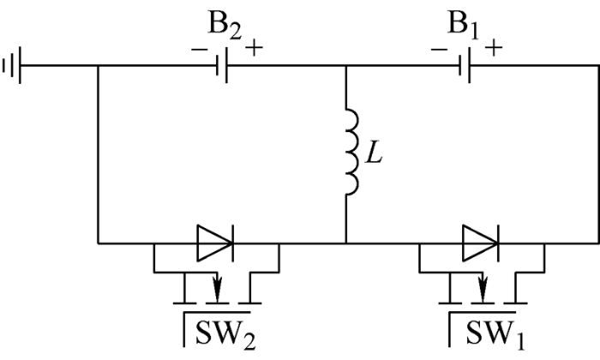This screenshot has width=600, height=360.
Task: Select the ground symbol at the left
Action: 12,65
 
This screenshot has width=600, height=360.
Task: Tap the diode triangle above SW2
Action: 215,243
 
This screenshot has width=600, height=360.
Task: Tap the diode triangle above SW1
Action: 480,243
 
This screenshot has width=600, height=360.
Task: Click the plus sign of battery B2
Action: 254,47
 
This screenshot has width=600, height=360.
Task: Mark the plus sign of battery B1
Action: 493,47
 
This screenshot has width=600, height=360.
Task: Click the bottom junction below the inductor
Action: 345,243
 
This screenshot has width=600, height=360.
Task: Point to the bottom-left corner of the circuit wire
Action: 99,243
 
